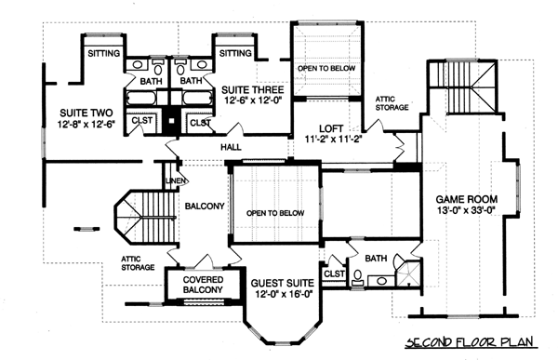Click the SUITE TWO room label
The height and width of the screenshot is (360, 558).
pos(86,113)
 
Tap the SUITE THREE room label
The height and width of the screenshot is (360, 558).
pos(253,89)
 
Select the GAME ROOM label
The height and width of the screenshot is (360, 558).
pos(467,199)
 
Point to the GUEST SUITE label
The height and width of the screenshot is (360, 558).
pos(283,284)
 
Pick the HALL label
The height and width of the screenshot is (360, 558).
pos(231,147)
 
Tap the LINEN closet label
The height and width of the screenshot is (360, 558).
pos(176,180)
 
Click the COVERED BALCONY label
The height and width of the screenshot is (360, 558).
pos(203,285)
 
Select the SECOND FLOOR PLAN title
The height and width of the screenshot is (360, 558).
pos(470,342)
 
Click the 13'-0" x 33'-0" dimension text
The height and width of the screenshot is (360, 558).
pos(467,210)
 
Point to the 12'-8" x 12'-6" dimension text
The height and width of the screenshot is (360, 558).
pos(86,124)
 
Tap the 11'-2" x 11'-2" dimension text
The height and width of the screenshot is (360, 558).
pos(334,139)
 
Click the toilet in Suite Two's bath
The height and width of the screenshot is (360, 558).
pos(158,67)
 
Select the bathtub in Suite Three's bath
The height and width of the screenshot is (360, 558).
pos(198,98)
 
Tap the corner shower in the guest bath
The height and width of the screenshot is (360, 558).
pos(408,273)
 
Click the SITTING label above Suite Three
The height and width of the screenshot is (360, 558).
pos(235,53)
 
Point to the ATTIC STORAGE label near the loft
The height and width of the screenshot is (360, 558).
pos(392,103)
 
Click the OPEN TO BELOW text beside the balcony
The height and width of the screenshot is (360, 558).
pos(275,213)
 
